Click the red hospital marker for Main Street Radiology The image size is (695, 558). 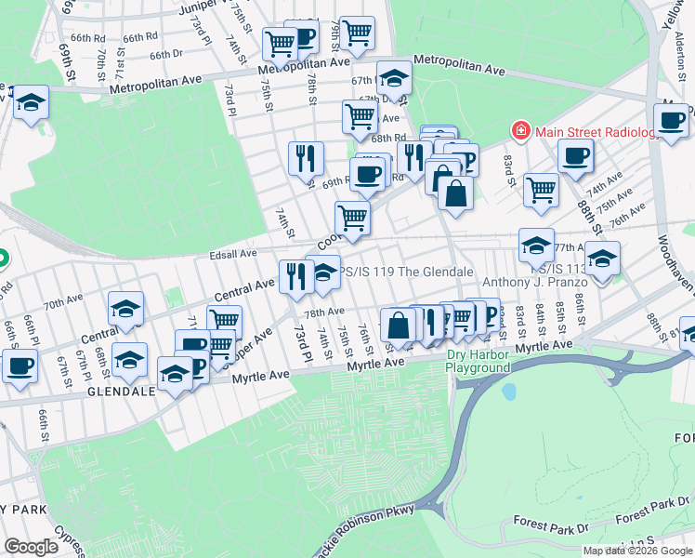521,131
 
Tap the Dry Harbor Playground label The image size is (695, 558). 479,361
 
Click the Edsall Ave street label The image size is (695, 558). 233,253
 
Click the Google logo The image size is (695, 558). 31,547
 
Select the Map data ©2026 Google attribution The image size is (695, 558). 637,551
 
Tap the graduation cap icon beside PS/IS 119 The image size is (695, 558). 322,272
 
